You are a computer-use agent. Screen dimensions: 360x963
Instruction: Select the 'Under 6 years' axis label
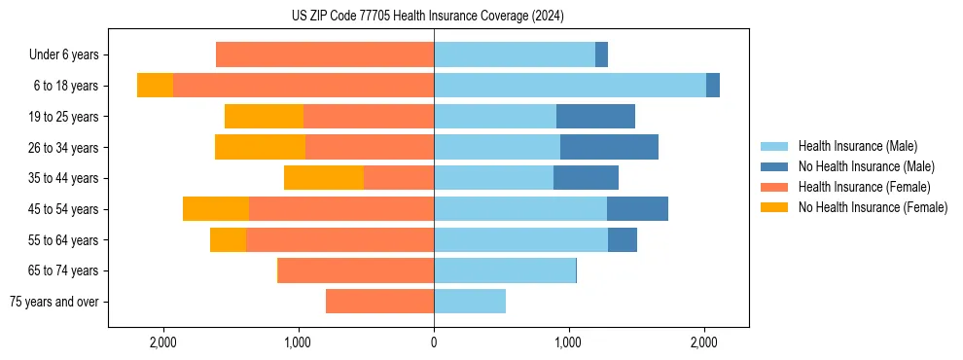[63, 54]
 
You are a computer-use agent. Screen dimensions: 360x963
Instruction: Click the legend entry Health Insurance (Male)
[856, 146]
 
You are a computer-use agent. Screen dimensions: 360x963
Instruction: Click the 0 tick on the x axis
[434, 342]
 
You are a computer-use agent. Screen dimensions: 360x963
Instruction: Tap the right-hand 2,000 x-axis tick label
[704, 342]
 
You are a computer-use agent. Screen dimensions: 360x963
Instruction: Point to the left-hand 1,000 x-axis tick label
[298, 342]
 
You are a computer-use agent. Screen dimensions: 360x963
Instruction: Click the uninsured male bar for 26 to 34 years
[609, 147]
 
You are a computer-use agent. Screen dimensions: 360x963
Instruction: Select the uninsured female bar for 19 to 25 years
[264, 117]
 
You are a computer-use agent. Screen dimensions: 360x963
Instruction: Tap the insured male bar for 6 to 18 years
[569, 86]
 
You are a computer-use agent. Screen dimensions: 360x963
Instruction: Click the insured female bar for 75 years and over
[379, 302]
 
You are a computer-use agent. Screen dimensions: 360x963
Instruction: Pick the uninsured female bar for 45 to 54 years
[216, 209]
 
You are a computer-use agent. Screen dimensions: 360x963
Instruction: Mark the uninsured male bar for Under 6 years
[601, 54]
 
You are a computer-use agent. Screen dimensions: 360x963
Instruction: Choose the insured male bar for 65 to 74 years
[504, 270]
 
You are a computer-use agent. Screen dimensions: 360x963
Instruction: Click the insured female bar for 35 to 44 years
[399, 178]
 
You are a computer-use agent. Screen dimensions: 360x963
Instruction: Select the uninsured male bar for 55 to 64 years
[623, 239]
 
